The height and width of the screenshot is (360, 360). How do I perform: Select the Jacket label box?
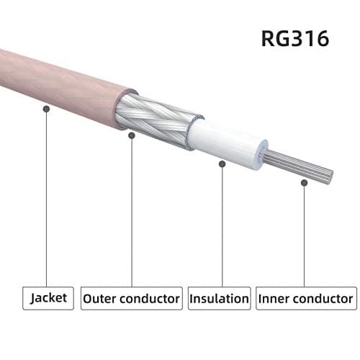pos(48,297)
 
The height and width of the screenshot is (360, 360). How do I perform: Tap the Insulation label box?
pos(219,297)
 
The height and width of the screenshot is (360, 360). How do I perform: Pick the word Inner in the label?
pos(275,297)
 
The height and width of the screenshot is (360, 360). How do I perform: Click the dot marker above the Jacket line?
pos(47,109)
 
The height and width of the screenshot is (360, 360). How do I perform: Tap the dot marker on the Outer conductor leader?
pos(132,134)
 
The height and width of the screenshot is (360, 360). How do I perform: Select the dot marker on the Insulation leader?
pos(222,163)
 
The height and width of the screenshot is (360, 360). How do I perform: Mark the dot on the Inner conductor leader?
pos(303,183)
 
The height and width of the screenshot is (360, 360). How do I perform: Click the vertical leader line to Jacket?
pos(47,202)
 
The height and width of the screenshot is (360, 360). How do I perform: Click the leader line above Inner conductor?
pos(303,238)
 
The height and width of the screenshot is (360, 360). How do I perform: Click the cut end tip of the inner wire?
pos(330,174)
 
